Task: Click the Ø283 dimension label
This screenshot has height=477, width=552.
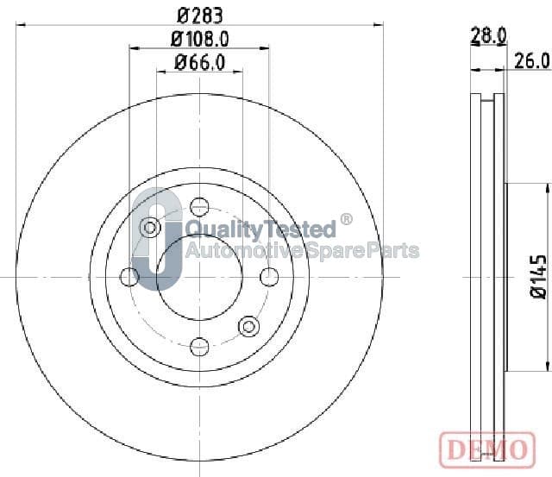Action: pos(199,16)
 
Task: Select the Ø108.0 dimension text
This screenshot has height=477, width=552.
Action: pos(199,39)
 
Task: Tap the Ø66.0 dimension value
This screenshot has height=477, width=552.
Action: pos(199,63)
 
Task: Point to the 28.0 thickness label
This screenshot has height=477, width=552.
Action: pos(489,36)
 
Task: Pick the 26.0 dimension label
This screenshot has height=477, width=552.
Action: pos(532,61)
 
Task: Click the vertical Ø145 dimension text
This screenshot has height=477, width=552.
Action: pos(538,277)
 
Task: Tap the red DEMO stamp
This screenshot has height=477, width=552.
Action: pos(487,450)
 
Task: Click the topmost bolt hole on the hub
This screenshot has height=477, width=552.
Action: pos(199,207)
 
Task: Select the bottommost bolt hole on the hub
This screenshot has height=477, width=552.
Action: pos(199,347)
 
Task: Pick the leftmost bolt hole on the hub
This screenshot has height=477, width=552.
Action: pos(129,277)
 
